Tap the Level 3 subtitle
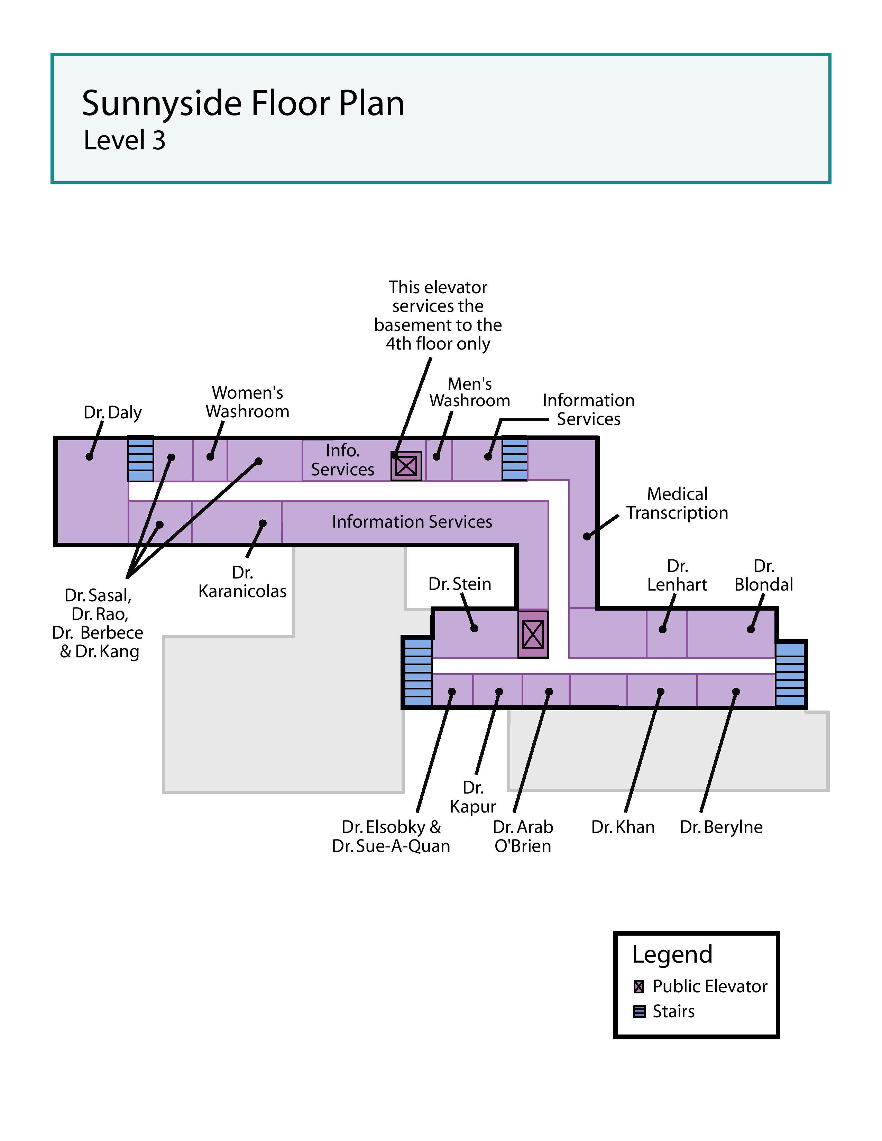(125, 140)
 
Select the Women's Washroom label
(247, 402)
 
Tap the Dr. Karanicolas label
(242, 582)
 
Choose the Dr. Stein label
(459, 584)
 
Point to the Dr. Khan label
(623, 827)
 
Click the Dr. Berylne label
(721, 827)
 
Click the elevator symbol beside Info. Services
(406, 465)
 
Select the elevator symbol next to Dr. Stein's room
(533, 634)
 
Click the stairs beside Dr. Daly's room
(140, 459)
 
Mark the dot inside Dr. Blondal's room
(751, 629)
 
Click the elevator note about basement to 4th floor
(438, 316)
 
